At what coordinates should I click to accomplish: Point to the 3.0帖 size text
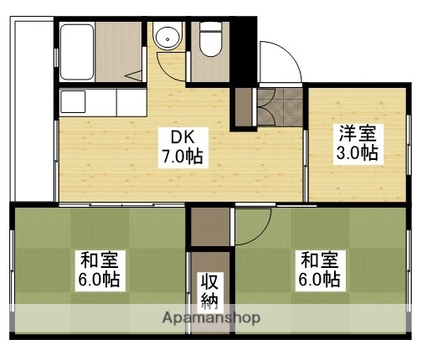(358, 154)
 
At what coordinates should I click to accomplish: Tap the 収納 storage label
(208, 290)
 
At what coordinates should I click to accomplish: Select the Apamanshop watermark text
(207, 319)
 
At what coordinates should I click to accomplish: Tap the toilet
(209, 39)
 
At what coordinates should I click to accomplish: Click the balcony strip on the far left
(32, 109)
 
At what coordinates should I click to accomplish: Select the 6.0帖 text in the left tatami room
(99, 279)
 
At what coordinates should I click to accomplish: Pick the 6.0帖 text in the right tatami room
(321, 279)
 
